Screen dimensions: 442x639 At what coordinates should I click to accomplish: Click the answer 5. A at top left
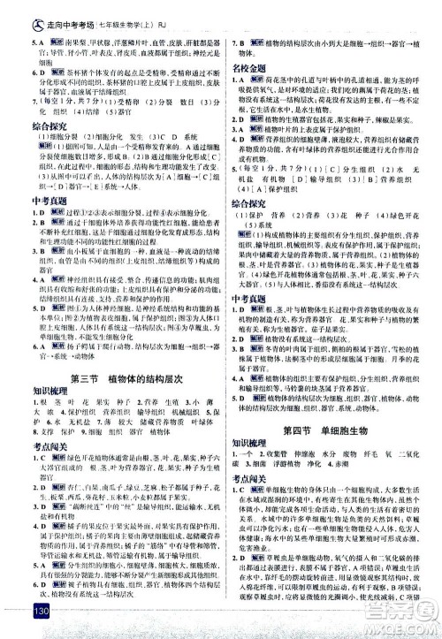16,42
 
